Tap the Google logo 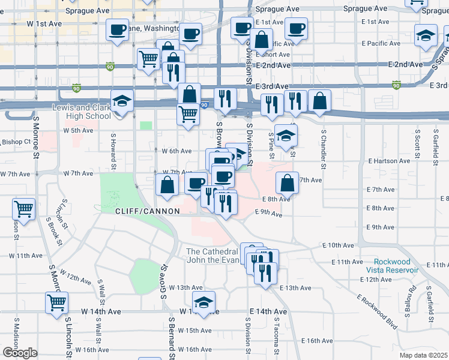pos(19,353)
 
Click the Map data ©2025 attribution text pos(423,355)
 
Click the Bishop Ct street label pos(16,142)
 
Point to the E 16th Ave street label pos(316,340)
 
